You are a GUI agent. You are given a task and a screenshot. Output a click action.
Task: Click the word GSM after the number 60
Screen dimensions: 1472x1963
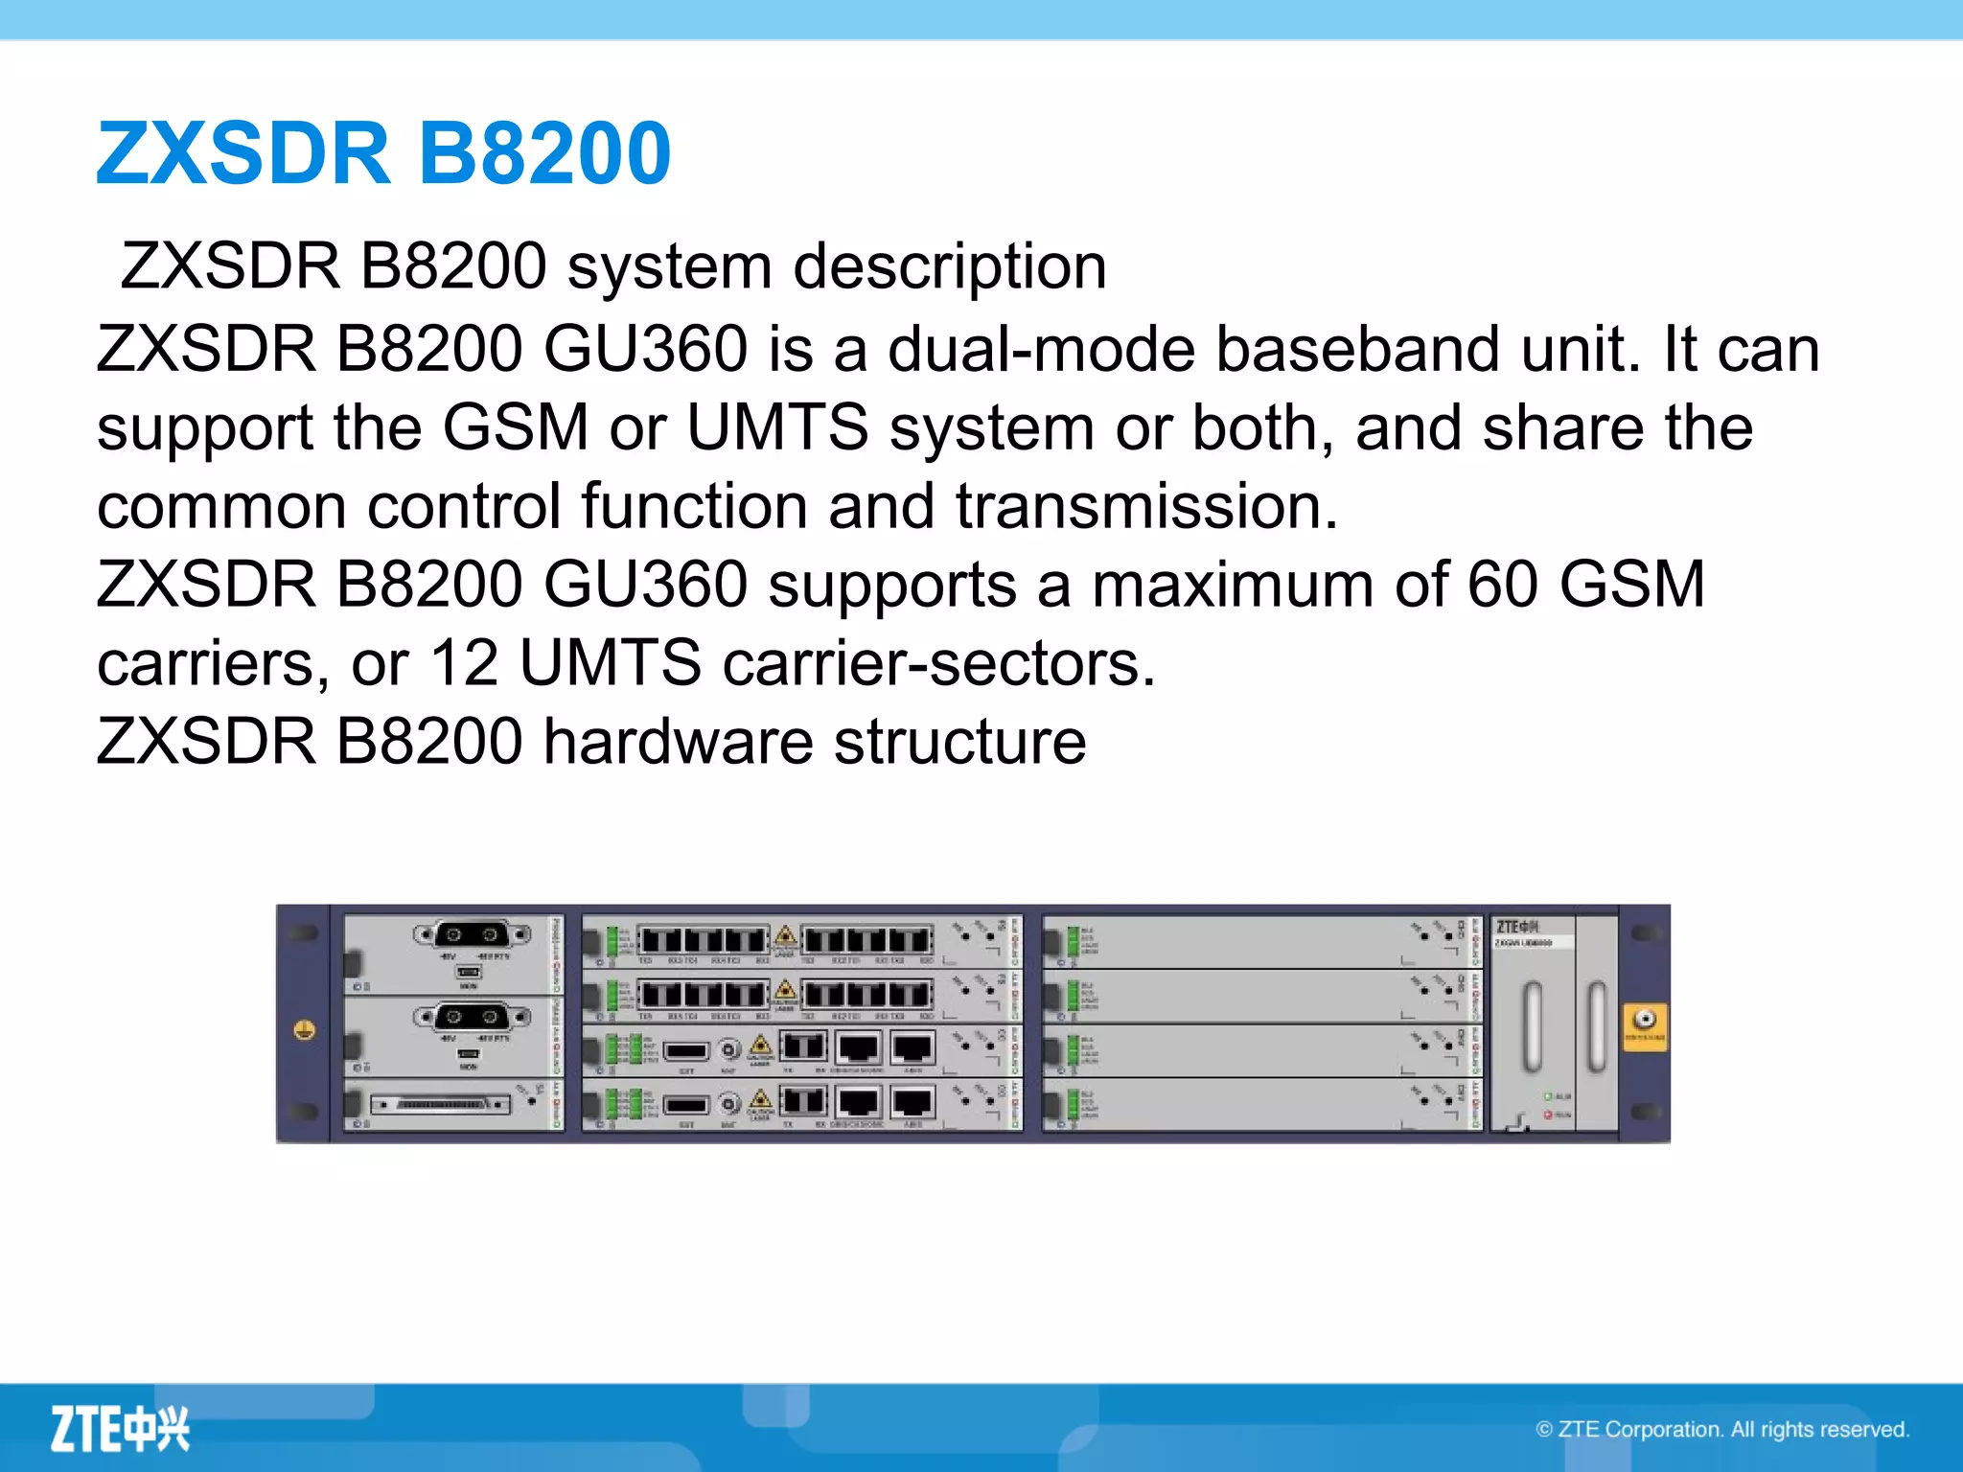click(1631, 584)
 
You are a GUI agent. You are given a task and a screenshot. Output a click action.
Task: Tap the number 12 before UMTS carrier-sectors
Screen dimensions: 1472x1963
click(464, 662)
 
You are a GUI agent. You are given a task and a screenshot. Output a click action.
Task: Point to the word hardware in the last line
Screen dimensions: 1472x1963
click(678, 741)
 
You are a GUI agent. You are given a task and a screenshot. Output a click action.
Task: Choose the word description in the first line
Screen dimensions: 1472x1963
click(950, 265)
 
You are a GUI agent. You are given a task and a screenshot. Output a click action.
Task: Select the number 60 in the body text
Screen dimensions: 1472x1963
click(1502, 584)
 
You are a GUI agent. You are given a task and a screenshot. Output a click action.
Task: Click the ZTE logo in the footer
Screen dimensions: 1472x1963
click(120, 1429)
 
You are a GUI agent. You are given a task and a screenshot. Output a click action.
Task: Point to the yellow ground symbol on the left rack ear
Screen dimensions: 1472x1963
click(305, 1030)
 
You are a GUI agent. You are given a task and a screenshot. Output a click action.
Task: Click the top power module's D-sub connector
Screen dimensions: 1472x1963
click(472, 934)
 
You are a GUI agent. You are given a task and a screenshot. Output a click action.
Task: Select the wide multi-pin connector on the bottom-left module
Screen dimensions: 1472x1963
click(442, 1105)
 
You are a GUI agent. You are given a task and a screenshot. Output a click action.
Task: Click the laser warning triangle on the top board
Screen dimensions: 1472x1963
click(785, 935)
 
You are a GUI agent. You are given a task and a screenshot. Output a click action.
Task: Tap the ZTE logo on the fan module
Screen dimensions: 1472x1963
click(1517, 927)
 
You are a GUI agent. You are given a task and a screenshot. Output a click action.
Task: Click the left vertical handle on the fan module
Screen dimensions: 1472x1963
click(1533, 1025)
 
